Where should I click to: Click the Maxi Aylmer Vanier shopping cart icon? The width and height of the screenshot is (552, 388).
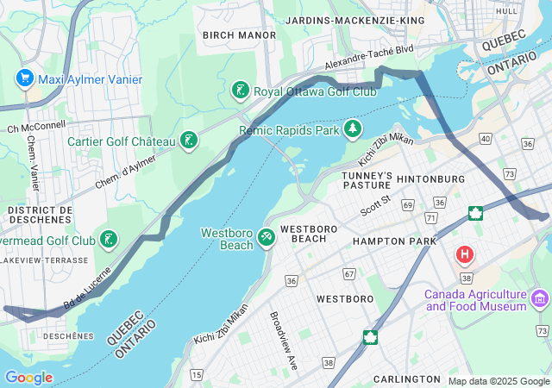click(23, 79)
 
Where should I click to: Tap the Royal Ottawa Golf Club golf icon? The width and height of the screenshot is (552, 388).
click(241, 91)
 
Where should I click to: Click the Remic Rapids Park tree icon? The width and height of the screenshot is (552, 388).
click(352, 130)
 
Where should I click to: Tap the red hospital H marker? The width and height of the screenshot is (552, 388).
click(465, 254)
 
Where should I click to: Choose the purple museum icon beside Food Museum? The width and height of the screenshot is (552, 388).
click(540, 299)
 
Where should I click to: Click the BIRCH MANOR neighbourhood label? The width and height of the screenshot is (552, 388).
click(239, 35)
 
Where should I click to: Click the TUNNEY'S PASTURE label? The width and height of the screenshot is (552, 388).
click(367, 180)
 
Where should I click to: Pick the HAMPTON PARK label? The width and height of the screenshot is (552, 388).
click(389, 242)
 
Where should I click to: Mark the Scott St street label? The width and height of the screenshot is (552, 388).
click(375, 204)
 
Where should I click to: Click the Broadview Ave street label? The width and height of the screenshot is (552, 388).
click(284, 341)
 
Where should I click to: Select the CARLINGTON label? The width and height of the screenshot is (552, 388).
click(407, 379)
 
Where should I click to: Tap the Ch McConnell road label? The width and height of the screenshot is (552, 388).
click(36, 126)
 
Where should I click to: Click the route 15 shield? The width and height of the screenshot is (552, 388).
click(197, 374)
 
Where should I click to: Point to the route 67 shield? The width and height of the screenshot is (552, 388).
click(348, 274)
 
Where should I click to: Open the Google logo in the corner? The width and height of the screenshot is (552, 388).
click(28, 378)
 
